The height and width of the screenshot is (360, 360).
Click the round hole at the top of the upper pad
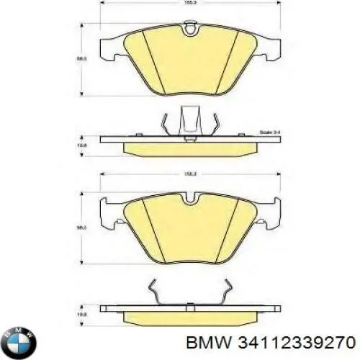pyautogui.click(x=190, y=29)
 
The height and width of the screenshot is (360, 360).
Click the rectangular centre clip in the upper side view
pyautogui.click(x=190, y=119)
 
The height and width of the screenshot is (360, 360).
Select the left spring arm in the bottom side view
pyautogui.click(x=158, y=292)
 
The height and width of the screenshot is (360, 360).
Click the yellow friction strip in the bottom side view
pyautogui.click(x=190, y=318)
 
